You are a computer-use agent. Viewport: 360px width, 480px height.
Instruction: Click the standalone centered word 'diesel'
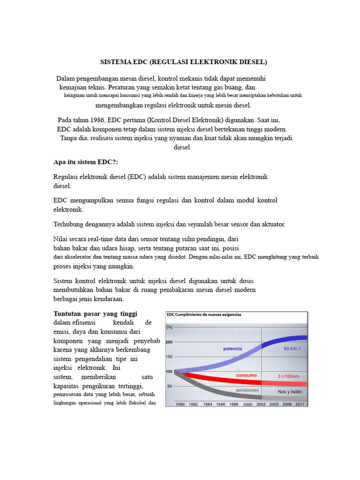point(182,147)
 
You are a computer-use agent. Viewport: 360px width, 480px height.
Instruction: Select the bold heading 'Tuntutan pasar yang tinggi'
point(96,313)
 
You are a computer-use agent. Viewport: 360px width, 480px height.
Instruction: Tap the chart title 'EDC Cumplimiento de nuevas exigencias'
point(204,315)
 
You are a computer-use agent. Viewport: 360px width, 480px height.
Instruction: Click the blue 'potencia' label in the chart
point(232,349)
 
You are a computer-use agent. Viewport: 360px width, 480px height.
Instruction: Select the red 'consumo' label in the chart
point(246,375)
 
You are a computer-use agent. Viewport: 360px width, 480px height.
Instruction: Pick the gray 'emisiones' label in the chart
point(247,390)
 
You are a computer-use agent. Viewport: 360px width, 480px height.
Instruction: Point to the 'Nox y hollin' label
point(290,391)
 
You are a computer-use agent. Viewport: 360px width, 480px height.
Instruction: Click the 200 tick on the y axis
point(169,342)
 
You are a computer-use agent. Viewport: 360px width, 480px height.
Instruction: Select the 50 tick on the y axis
point(170,386)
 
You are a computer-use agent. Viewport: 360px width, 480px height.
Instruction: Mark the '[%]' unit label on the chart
point(170,327)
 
